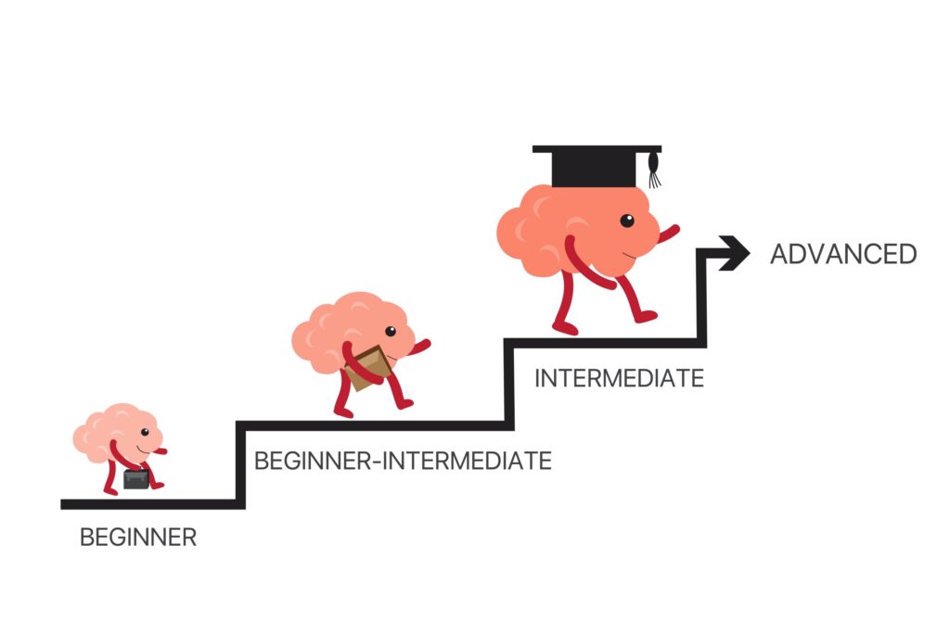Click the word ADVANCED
click(x=842, y=254)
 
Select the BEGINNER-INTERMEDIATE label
click(x=403, y=460)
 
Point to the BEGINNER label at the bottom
click(x=138, y=537)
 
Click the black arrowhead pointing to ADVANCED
click(x=735, y=252)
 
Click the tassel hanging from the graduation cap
click(x=655, y=171)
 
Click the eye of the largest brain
click(x=627, y=221)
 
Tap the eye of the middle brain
click(x=391, y=331)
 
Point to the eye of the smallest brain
click(x=145, y=433)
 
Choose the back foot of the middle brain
click(x=343, y=411)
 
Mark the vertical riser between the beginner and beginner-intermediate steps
click(x=241, y=463)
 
